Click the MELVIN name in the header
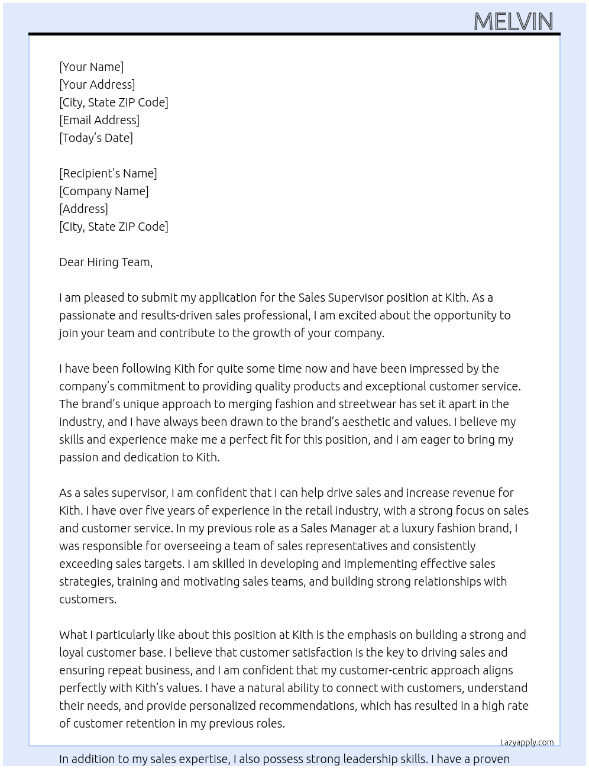pos(513,22)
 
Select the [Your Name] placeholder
pos(91,67)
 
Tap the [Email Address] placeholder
pos(99,120)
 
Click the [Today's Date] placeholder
pos(96,138)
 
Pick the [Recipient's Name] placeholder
pos(108,173)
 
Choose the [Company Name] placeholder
pos(103,191)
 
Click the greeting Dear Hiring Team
pos(105,262)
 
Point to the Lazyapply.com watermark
pos(527,742)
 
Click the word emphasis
pos(372,635)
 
